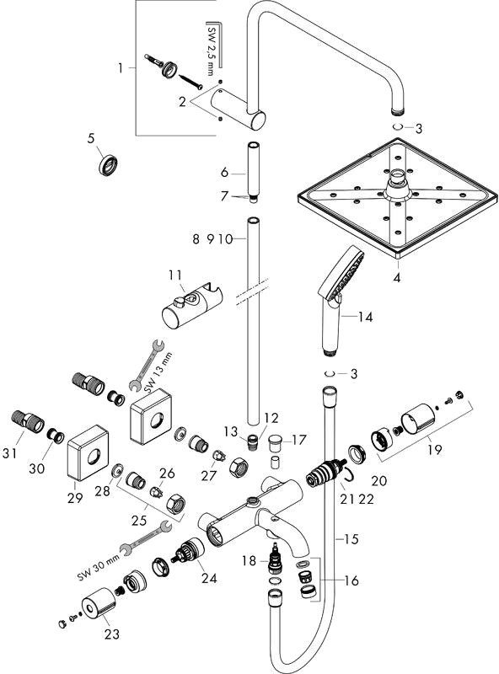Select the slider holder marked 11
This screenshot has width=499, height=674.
tap(192, 304)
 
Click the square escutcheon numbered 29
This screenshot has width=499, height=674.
tap(88, 453)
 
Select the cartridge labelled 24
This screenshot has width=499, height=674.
tap(189, 550)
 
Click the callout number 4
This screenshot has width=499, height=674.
tap(397, 277)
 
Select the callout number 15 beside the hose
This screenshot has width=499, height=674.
tap(351, 539)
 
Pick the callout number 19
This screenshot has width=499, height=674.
tap(435, 450)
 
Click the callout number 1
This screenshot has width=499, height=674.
tap(121, 68)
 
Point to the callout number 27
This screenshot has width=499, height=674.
tap(209, 476)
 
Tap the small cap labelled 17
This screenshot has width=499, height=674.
tap(274, 443)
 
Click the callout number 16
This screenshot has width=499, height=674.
tap(351, 580)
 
